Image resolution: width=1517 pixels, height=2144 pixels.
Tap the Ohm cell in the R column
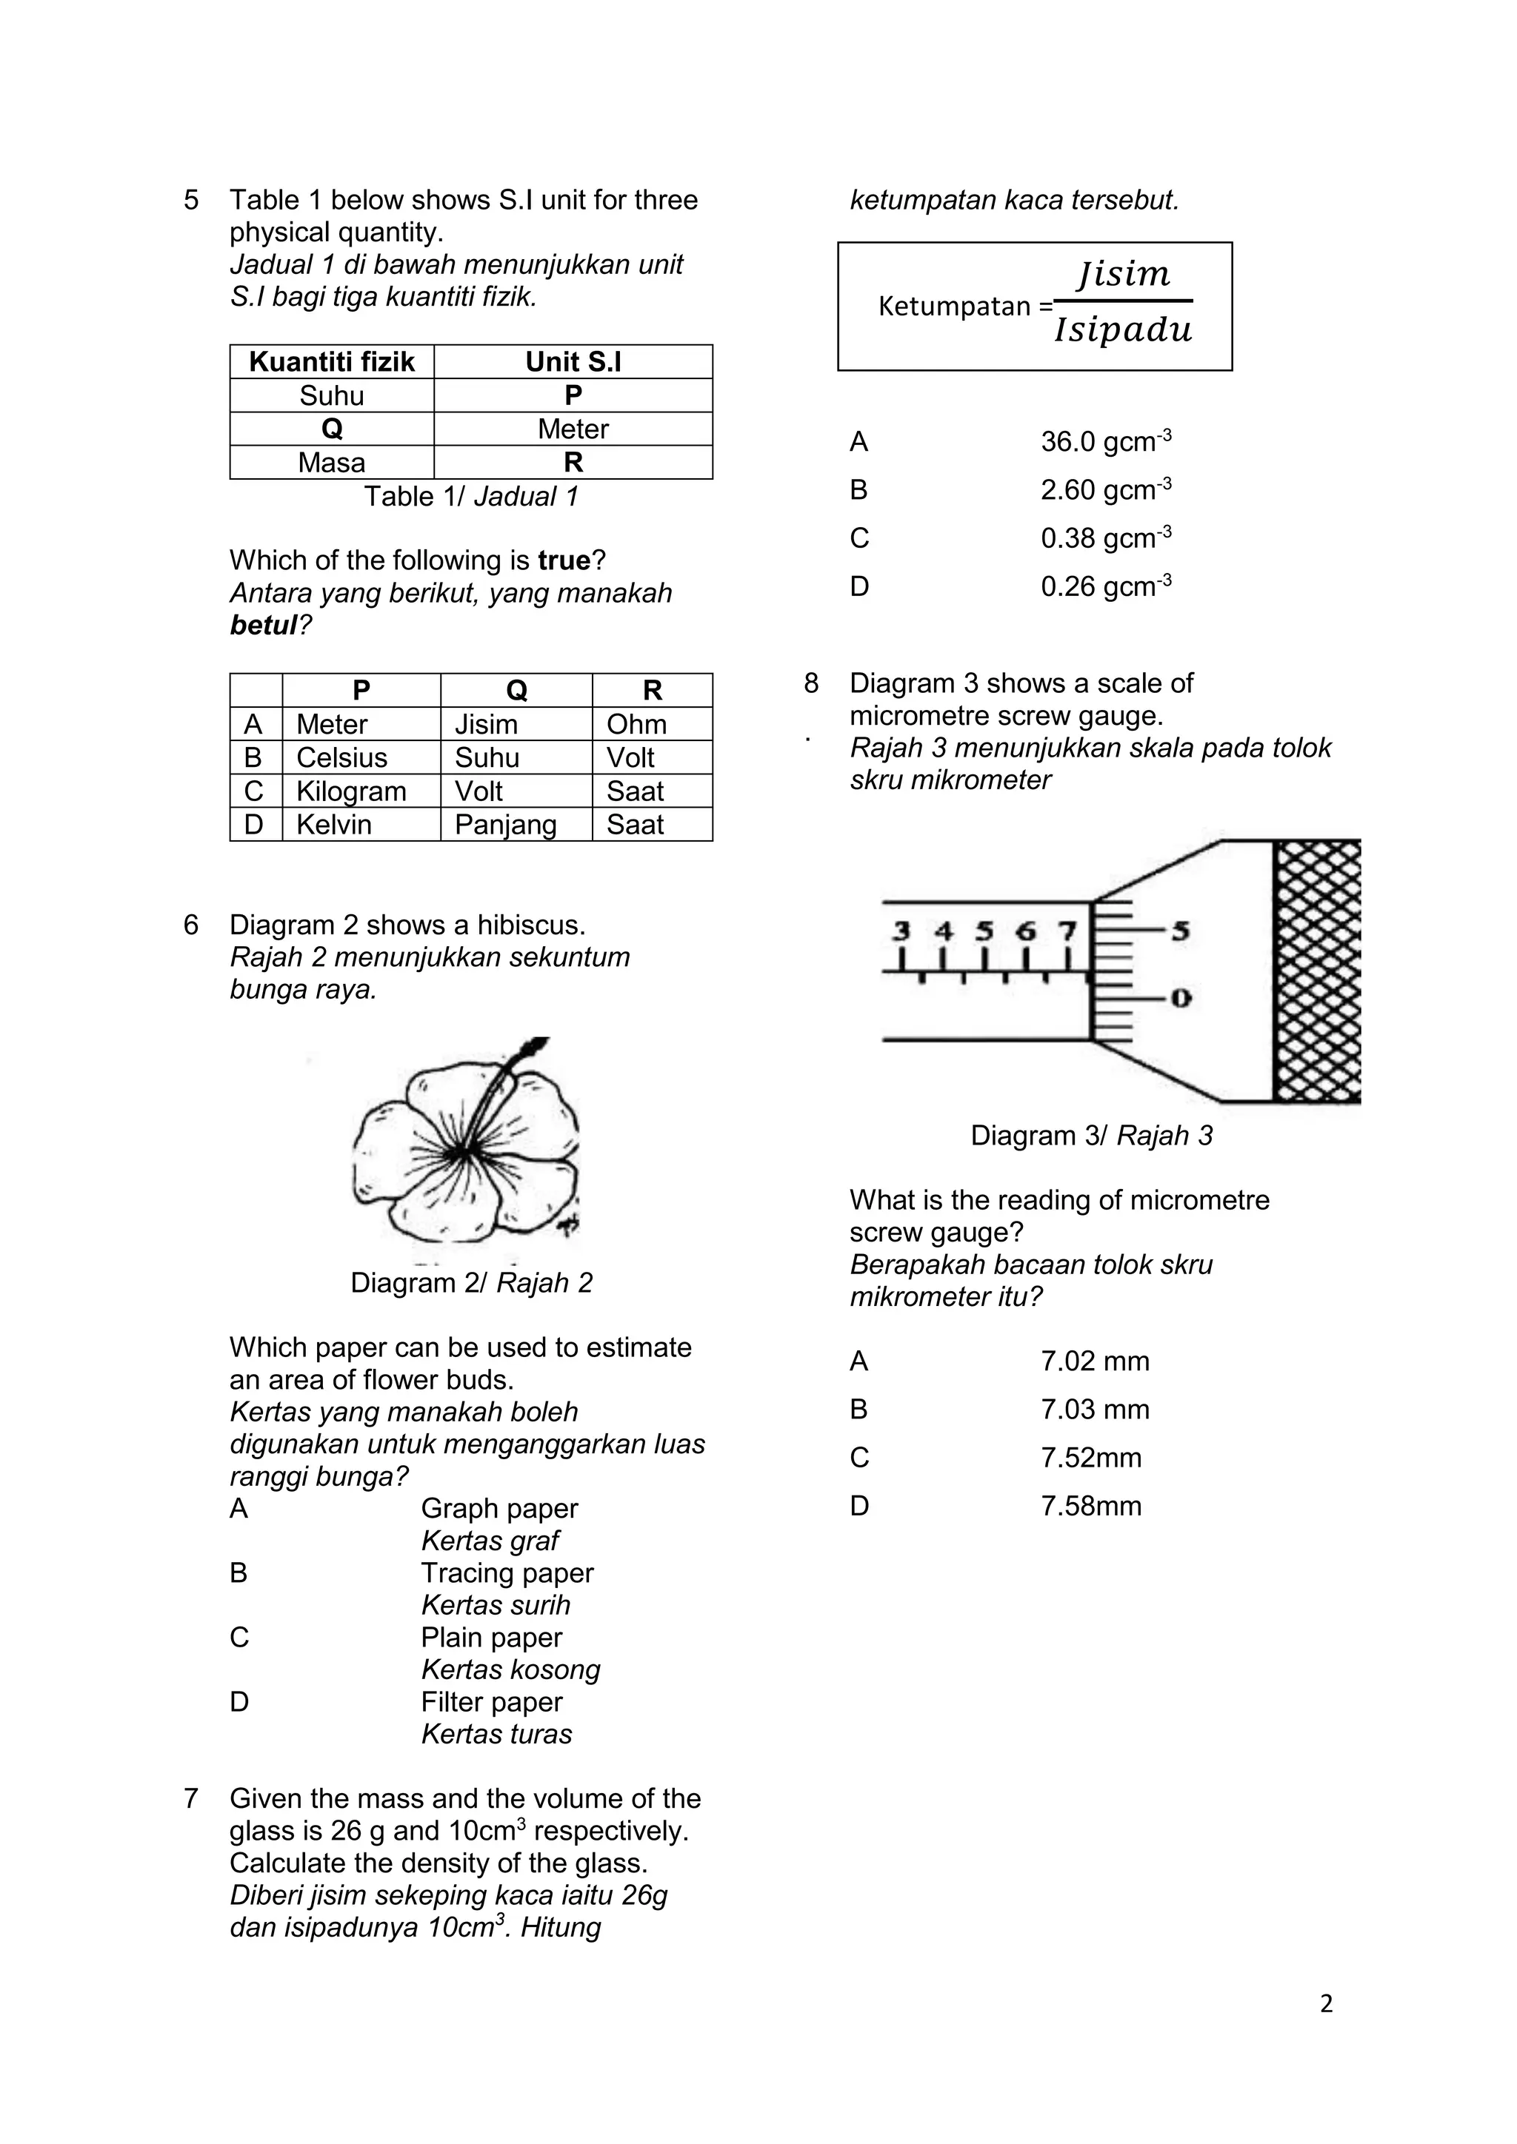636,724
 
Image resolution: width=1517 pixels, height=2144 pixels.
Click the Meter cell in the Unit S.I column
573,429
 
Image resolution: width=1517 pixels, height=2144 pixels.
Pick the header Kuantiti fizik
332,361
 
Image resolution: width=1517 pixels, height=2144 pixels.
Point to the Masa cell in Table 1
332,462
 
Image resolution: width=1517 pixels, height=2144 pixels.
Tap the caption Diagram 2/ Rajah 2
471,1282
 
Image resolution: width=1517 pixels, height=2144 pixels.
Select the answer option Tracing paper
507,1572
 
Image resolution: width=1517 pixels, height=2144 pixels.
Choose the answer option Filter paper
491,1701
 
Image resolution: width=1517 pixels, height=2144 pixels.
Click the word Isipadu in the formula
1123,329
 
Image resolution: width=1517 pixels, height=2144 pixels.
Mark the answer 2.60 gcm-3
1106,489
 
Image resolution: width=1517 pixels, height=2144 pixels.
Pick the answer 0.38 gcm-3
1106,538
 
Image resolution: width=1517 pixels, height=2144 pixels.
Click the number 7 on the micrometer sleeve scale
1067,931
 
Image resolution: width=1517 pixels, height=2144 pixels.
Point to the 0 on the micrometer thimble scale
1181,998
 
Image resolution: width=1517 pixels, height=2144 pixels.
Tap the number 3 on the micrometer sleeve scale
901,931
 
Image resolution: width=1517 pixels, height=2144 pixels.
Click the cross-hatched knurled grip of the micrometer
1318,971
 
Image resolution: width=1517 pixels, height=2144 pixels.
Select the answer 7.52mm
1091,1458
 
